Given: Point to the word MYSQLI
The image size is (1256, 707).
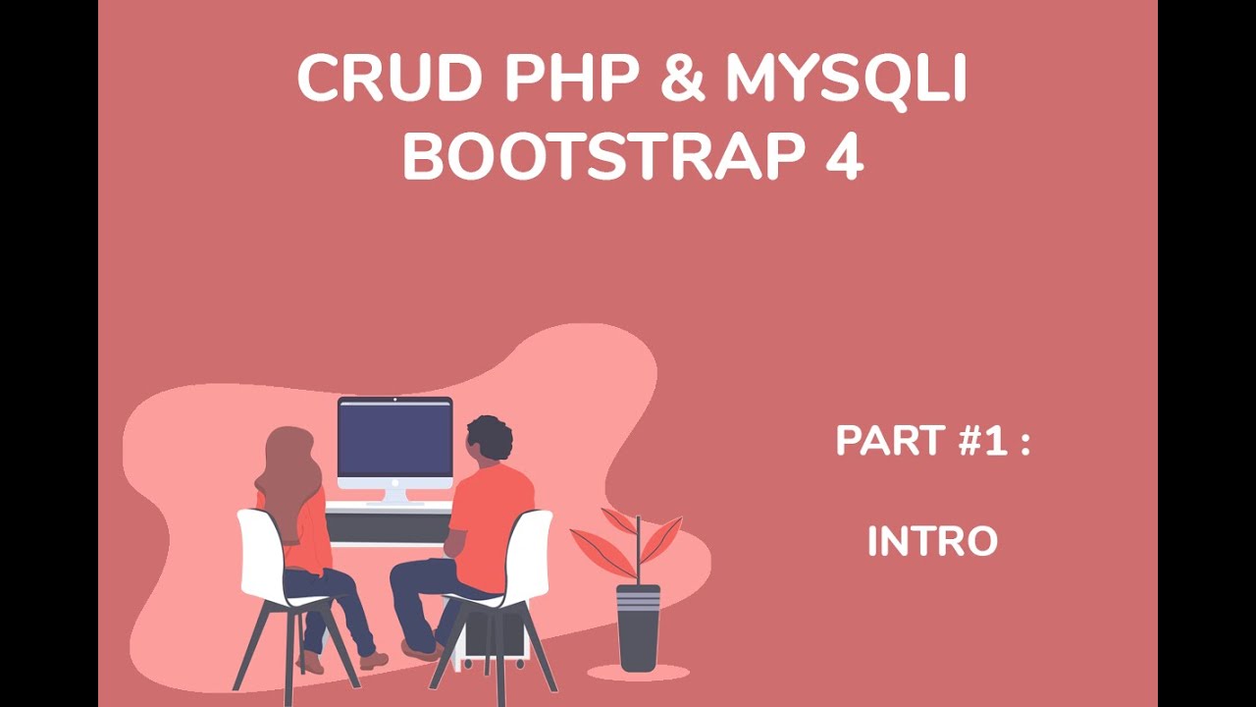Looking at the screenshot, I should coord(847,81).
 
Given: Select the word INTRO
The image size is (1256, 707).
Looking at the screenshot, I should coord(932,541).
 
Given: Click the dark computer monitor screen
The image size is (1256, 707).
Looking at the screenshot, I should coord(394,437).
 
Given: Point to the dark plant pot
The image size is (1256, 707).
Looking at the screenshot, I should coord(638,628).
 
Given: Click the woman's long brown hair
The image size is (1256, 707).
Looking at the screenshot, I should coord(287,471).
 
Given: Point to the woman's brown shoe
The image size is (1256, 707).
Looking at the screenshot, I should coord(373,660).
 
